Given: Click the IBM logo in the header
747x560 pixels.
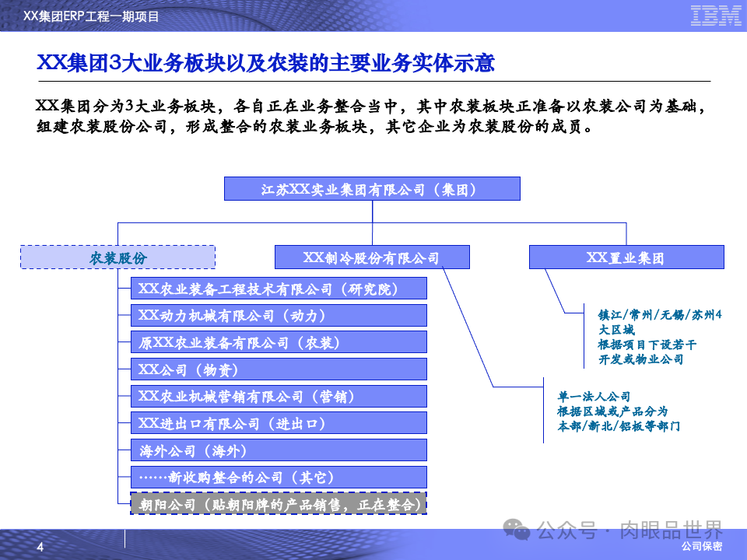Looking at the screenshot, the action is [716, 15].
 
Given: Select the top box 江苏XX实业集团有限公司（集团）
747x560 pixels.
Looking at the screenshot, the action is [372, 189].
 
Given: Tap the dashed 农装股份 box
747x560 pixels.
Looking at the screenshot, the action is [117, 257].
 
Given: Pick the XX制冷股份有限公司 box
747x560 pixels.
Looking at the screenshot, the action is [372, 257].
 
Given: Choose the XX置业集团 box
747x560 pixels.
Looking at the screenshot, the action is [626, 257].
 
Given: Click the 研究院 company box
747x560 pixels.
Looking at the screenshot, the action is [279, 289].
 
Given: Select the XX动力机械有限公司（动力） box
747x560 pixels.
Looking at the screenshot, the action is [279, 316].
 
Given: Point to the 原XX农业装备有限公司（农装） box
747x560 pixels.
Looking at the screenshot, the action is [279, 342].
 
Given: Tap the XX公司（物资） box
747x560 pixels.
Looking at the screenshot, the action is [279, 369].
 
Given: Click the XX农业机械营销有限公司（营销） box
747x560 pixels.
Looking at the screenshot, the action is [279, 397].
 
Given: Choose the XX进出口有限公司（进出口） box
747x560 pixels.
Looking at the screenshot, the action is [279, 423].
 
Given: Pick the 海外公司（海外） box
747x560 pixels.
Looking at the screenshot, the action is [279, 450].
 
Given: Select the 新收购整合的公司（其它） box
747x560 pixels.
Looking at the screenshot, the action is [279, 478].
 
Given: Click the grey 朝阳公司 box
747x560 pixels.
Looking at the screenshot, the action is [279, 504].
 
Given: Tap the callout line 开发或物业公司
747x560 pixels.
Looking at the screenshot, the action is [640, 359].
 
